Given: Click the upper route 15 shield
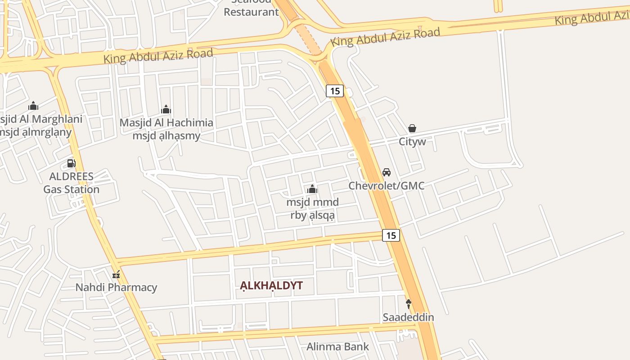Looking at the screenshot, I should coord(334,91).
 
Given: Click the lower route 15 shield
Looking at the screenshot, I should coord(391,235).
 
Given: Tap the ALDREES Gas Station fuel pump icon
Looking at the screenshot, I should coord(71,163).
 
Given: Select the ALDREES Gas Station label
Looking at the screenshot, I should coord(71,183).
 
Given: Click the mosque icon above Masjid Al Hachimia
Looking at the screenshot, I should coord(166,109).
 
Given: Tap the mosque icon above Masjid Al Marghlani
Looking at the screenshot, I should coord(33,106).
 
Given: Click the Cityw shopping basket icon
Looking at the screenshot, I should coord(412,129).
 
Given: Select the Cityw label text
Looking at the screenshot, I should coord(412,142).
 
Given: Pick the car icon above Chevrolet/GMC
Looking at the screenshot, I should coord(386,172).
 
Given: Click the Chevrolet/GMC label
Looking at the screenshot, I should coord(386,185).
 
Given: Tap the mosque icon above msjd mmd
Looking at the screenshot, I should coord(312,189).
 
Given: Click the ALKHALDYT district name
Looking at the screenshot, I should coord(271,285).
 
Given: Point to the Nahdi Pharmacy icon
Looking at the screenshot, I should coord(116,274).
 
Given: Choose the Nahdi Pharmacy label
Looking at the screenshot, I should coord(116,287).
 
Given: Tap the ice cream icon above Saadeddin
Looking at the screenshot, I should coord(408,304).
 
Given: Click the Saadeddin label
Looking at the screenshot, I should coord(408,317).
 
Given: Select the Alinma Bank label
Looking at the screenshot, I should coord(337,346).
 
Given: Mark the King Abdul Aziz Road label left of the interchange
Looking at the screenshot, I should coord(158,56).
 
